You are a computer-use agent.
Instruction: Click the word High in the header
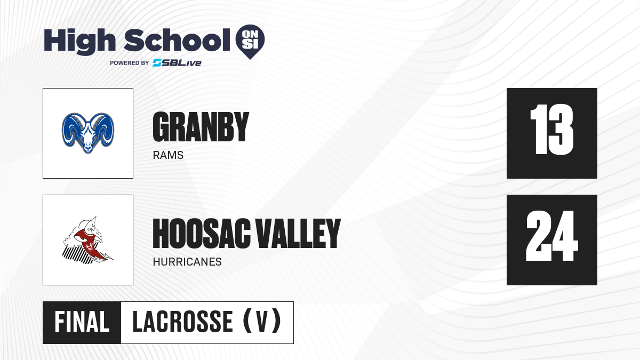tap(79, 42)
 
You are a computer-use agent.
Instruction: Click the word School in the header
tap(177, 40)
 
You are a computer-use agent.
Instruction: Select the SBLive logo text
tap(177, 63)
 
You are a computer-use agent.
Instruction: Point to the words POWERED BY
tap(130, 63)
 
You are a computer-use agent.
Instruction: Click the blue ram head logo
tap(88, 133)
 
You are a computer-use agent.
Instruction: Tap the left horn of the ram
tap(71, 129)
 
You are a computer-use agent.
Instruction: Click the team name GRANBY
tap(201, 127)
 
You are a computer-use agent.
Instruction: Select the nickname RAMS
tap(168, 155)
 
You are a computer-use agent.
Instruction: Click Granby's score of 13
tap(551, 130)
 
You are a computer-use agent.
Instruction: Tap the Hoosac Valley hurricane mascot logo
tap(88, 240)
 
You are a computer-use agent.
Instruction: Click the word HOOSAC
tap(202, 234)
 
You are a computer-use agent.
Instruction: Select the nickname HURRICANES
tap(187, 262)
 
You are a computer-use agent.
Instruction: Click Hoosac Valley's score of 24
tap(552, 236)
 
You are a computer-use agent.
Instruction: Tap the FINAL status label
tap(82, 322)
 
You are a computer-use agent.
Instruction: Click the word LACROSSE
tap(183, 322)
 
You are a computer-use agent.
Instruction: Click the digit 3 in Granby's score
tap(559, 130)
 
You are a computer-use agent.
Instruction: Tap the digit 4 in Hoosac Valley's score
tap(565, 236)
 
